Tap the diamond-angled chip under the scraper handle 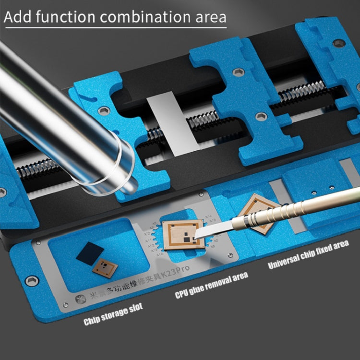coord(257,211)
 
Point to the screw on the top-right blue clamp coord(338,43)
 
